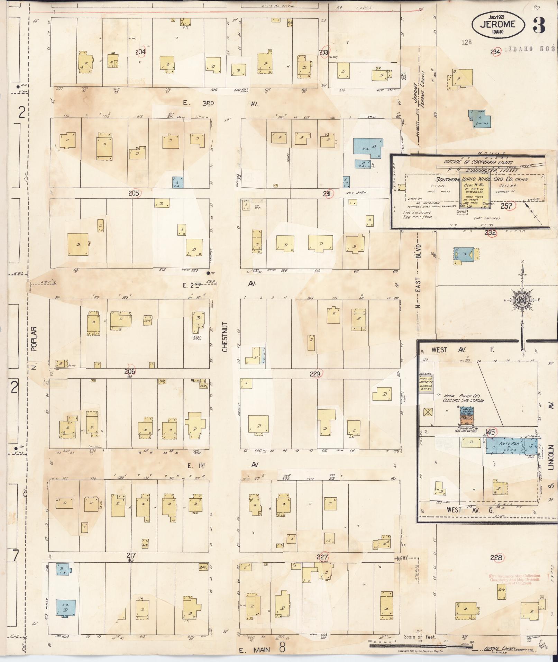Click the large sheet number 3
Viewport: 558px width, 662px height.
click(539, 25)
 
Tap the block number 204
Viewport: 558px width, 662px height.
click(140, 52)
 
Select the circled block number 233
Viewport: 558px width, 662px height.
click(324, 52)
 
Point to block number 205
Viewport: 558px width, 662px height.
click(134, 193)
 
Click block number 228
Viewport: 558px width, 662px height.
click(496, 557)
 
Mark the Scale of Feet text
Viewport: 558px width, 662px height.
click(419, 637)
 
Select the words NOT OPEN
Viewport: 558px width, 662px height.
click(356, 192)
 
